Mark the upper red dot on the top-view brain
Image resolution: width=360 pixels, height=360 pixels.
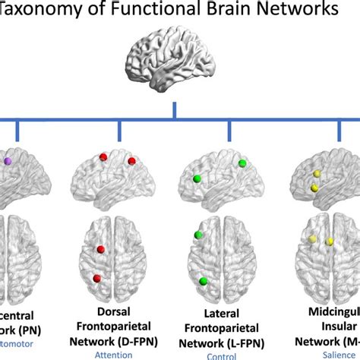click(100, 249)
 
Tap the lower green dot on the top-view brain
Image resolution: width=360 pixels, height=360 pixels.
click(203, 281)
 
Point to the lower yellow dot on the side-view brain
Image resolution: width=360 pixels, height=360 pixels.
click(312, 188)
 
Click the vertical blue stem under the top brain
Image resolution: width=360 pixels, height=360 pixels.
click(175, 109)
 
